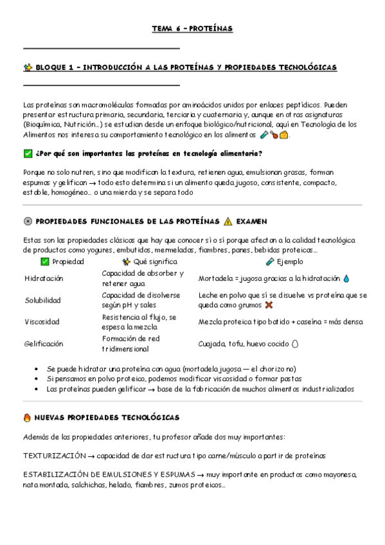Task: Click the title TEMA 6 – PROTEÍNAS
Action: [x=192, y=29]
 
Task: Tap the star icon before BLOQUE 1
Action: [x=27, y=67]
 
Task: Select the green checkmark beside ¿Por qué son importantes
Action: [x=27, y=154]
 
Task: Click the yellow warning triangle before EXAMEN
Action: [x=228, y=221]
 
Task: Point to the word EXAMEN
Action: [x=251, y=221]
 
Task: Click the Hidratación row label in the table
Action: [x=44, y=278]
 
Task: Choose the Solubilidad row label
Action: [x=42, y=300]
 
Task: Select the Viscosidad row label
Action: [x=42, y=321]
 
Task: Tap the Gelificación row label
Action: [x=44, y=343]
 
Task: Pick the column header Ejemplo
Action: [x=289, y=262]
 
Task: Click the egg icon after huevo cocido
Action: [x=295, y=343]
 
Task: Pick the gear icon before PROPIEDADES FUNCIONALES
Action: [x=27, y=221]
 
